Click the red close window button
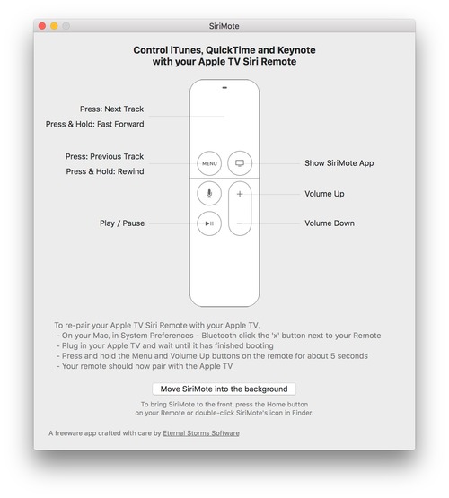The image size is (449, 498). pos(41,27)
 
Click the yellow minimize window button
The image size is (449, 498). pos(54,27)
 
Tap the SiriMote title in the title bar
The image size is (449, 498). pos(224,27)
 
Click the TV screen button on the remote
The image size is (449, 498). pos(240,163)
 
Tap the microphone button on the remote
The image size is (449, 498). pos(209,193)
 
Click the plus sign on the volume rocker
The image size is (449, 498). pos(240,194)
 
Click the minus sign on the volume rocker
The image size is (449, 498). pos(240,223)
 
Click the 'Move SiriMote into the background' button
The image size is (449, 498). pos(224,389)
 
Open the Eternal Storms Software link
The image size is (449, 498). pos(201,432)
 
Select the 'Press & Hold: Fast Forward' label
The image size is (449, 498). pos(94,125)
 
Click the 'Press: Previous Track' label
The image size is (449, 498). pos(104,156)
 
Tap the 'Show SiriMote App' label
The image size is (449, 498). pos(339,163)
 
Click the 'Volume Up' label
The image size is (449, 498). pos(324,194)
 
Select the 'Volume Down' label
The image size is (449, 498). pos(330,223)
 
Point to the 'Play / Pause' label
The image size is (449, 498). pos(121,223)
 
